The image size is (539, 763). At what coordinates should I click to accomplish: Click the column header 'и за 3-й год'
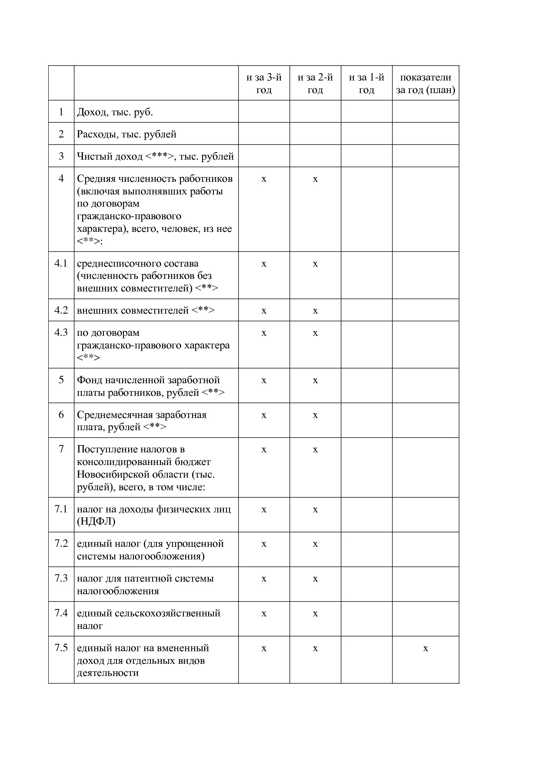(x=264, y=84)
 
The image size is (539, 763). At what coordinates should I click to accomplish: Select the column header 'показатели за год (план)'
(x=426, y=84)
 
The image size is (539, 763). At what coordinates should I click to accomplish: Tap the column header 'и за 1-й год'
(x=366, y=84)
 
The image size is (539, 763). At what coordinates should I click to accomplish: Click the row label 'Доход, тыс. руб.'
(x=115, y=112)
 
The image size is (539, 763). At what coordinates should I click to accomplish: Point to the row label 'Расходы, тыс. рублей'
(x=126, y=134)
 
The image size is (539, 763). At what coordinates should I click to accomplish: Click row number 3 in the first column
(x=61, y=156)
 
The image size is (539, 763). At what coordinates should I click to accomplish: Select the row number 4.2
(x=61, y=310)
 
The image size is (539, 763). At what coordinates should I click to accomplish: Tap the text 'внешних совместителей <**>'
(x=146, y=311)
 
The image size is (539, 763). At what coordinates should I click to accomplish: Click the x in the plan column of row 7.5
(x=426, y=649)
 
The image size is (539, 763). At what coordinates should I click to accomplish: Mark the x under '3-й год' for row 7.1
(x=264, y=510)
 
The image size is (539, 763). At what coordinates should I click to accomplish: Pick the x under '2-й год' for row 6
(x=315, y=415)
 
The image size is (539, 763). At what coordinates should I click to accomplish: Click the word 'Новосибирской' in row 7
(x=110, y=474)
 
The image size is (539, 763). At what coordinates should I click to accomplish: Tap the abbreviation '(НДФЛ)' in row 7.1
(x=96, y=522)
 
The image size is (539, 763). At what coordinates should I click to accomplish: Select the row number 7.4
(x=61, y=613)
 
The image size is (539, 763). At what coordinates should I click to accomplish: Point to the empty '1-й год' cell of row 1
(x=366, y=112)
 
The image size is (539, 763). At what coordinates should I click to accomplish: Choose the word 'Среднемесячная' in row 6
(x=111, y=415)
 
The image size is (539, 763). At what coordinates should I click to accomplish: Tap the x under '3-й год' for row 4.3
(x=264, y=333)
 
